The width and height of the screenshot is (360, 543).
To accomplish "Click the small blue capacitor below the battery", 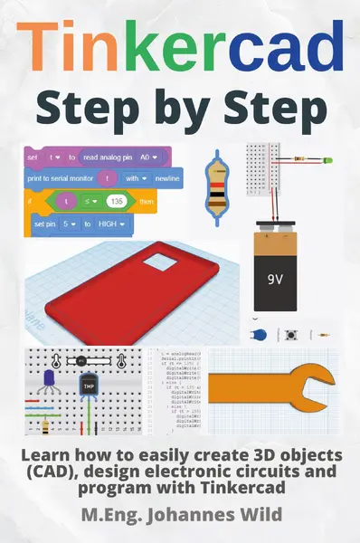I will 263,334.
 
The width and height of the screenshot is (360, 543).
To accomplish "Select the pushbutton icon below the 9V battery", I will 294,333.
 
